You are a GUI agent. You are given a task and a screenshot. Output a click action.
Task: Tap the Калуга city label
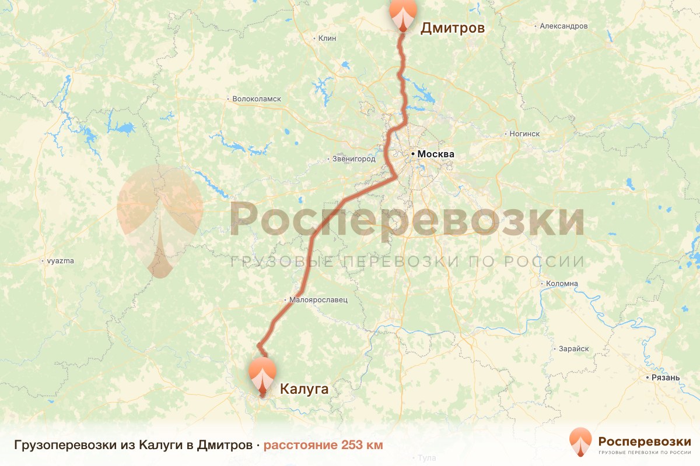coord(304,389)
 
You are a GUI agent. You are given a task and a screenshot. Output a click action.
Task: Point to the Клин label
coord(327,38)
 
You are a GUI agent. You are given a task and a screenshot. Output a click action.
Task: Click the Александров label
coord(563,26)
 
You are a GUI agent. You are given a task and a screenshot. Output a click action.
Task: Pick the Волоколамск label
coord(257,99)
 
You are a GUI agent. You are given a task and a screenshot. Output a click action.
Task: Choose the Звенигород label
coord(353,158)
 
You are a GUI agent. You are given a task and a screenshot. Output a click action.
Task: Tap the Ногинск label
coord(524,134)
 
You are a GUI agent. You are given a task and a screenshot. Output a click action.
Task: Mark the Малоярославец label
coord(318,300)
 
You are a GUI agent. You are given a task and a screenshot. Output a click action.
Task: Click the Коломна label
coord(562,284)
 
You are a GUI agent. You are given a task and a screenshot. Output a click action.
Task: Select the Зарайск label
coord(574,348)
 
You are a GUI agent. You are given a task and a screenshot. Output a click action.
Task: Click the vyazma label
coord(60,261)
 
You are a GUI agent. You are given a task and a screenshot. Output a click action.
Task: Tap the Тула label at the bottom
coord(427,458)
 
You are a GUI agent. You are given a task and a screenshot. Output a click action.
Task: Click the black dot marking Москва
coord(413,154)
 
